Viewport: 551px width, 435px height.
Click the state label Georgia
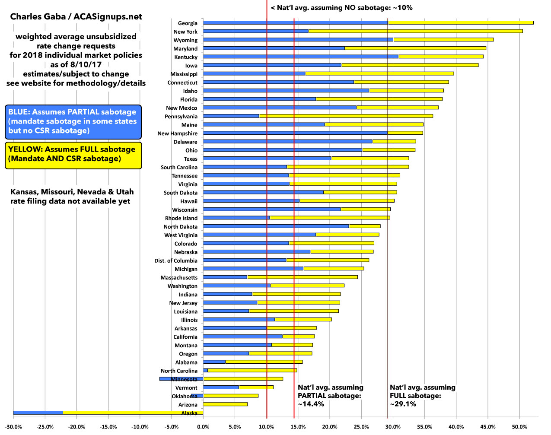(188, 23)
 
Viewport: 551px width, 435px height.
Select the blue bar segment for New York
(255, 31)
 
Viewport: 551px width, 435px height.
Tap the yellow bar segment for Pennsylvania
(346, 116)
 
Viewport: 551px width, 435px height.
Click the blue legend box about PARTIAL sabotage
(73, 121)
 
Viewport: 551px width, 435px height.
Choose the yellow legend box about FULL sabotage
(73, 154)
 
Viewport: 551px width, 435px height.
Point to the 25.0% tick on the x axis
(361, 427)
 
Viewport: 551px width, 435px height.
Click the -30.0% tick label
(13, 427)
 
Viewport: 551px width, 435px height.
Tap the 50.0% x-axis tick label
(519, 427)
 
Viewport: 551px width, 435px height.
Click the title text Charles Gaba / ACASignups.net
(76, 17)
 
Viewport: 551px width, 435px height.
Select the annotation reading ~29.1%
(403, 404)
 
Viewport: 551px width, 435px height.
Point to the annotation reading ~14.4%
(311, 404)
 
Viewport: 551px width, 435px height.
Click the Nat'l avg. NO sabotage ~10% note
(341, 8)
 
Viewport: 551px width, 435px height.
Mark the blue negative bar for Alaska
(38, 413)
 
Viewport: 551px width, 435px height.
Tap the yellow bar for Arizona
(225, 404)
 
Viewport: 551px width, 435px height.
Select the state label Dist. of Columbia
(176, 260)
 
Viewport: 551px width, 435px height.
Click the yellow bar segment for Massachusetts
(302, 277)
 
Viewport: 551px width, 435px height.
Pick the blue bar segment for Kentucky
(300, 57)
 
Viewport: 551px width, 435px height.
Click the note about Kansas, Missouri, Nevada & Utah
(72, 197)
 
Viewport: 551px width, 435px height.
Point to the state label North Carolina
(179, 371)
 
